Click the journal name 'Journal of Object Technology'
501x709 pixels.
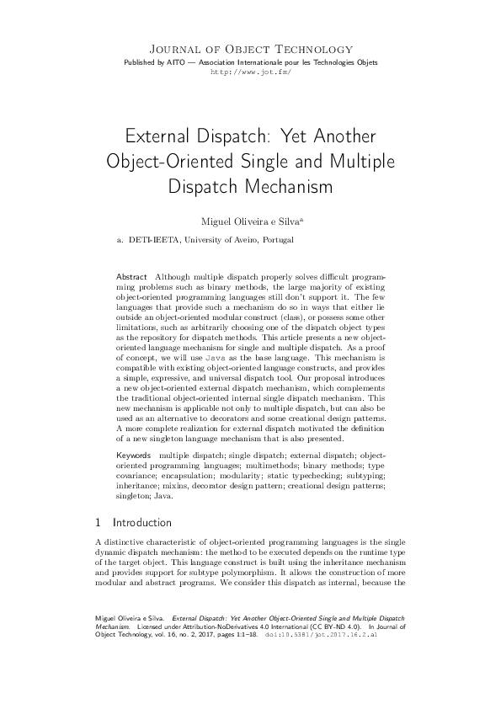point(250,50)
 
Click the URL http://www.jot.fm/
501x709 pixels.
point(250,72)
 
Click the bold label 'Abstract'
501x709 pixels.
point(131,277)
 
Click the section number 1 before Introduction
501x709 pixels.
point(99,523)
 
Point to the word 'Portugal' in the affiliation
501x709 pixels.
point(278,240)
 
